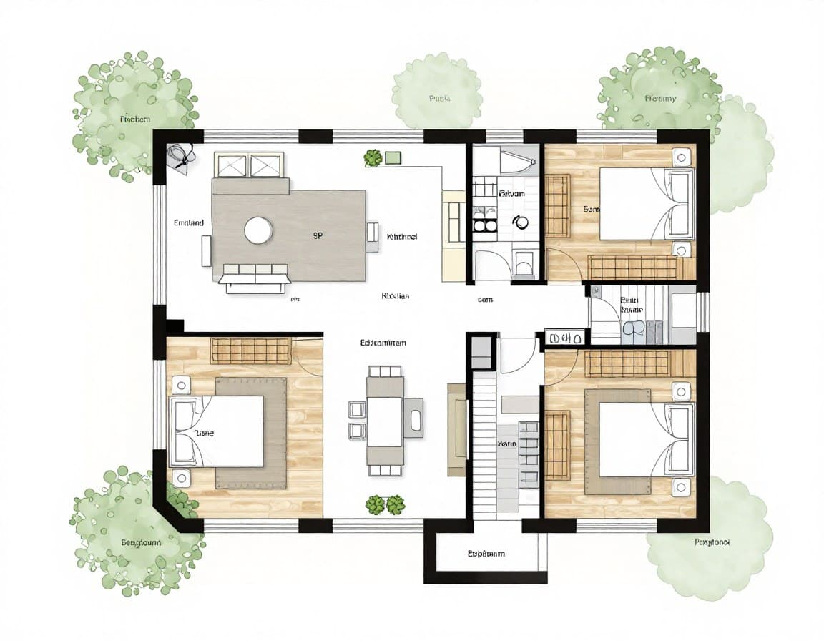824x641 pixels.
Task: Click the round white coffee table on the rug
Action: click(x=258, y=230)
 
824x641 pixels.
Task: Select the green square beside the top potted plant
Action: click(x=392, y=157)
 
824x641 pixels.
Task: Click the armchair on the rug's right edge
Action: click(x=372, y=236)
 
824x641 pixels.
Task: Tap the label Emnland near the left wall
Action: click(x=189, y=223)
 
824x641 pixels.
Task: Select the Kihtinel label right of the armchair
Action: click(x=401, y=236)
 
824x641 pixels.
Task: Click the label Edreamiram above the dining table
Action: click(x=383, y=343)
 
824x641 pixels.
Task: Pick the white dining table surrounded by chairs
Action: click(x=385, y=421)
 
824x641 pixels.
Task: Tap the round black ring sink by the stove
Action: click(x=520, y=222)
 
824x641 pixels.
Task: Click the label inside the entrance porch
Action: click(x=486, y=554)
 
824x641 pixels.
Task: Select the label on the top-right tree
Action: click(x=659, y=99)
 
